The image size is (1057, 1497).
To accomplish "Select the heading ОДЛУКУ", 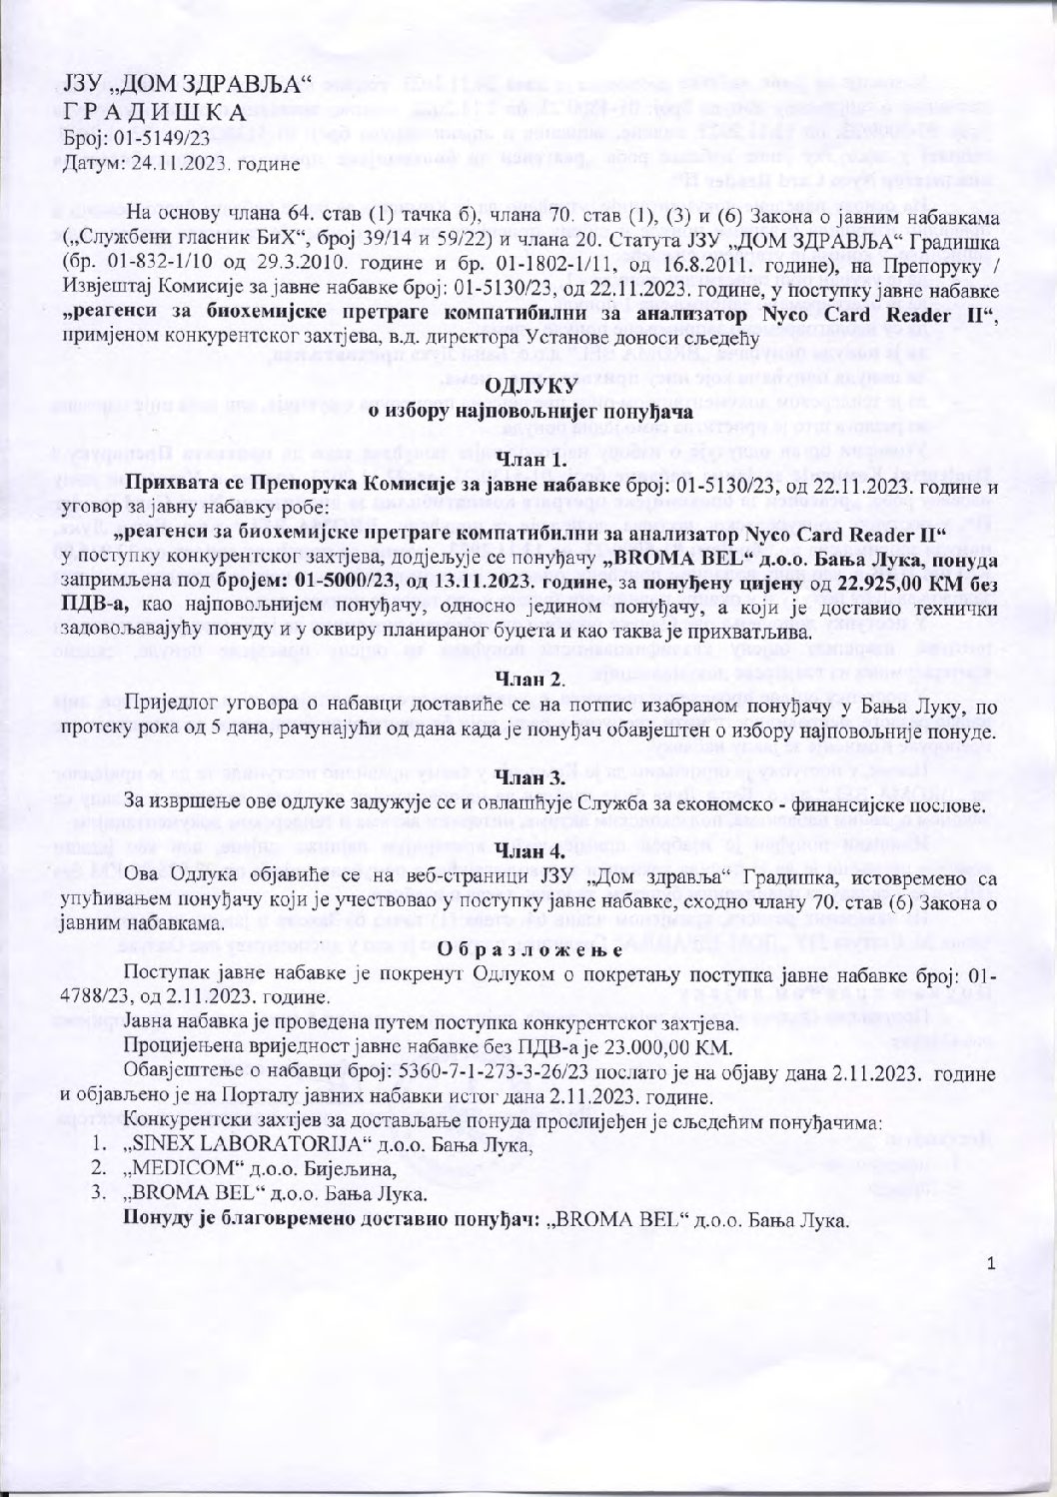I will (531, 386).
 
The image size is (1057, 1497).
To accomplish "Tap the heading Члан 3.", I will (530, 776).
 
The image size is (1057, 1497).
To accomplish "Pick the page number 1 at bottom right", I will (990, 1263).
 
